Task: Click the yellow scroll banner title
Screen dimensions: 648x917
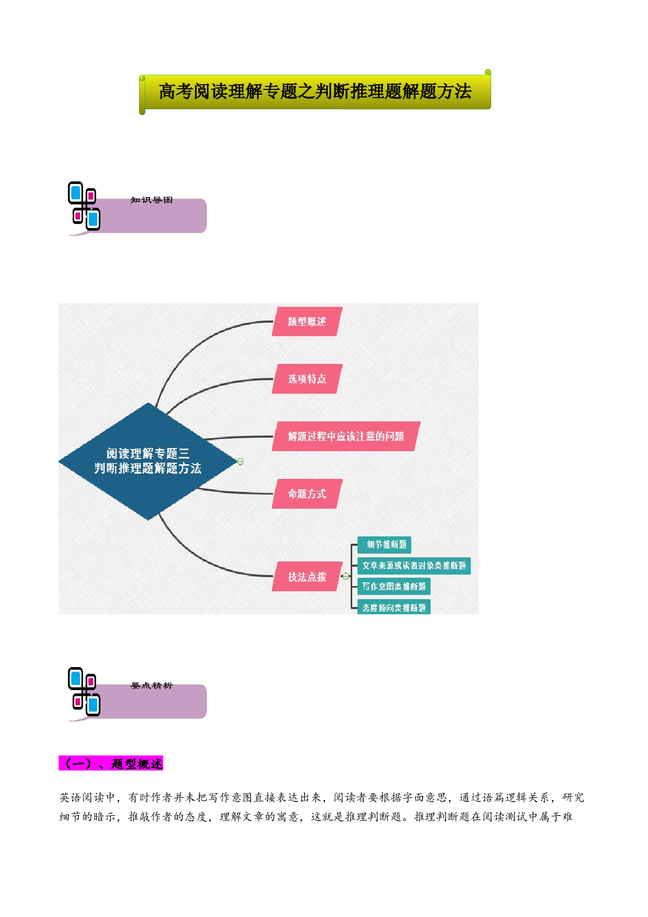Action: [315, 91]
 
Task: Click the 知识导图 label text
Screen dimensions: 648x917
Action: [152, 200]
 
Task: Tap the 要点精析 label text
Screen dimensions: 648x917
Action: [152, 685]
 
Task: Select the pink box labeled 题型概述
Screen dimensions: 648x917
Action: [307, 322]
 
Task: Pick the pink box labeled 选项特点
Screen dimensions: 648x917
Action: [307, 379]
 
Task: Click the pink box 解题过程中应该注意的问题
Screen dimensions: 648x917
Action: [346, 436]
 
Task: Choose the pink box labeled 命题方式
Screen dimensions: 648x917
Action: [307, 494]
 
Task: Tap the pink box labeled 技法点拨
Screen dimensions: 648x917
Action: [307, 577]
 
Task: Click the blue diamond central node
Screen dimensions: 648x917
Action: [148, 461]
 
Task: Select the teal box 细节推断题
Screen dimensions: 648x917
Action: [385, 545]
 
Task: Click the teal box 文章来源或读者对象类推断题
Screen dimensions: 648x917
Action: [414, 566]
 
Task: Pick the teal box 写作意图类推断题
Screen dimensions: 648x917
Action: [394, 587]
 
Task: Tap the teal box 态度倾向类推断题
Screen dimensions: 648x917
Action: [394, 607]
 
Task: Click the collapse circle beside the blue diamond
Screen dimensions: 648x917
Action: [240, 461]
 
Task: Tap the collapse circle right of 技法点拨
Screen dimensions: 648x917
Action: [346, 576]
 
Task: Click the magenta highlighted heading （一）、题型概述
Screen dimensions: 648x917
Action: [111, 763]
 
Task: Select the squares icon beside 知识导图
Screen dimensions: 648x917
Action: [84, 206]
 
